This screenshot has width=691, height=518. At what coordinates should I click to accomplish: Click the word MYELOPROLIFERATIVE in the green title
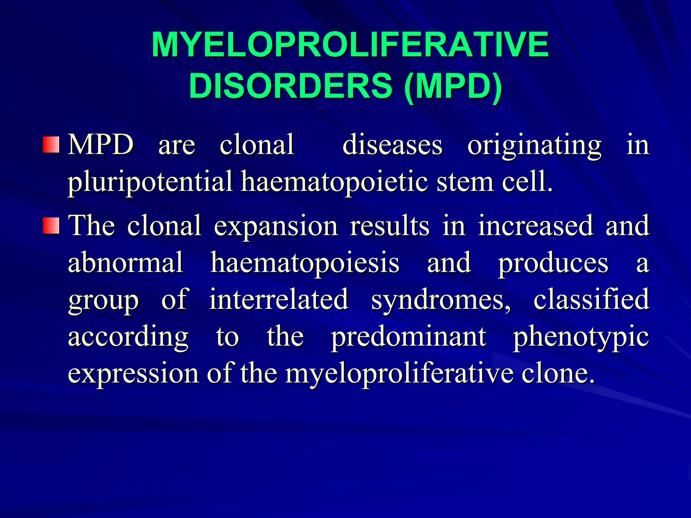pos(350,45)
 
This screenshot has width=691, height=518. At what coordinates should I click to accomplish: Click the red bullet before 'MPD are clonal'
pos(51,145)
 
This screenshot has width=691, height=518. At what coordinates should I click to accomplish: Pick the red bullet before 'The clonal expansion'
pos(51,226)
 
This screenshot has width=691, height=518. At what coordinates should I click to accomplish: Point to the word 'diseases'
pos(392,145)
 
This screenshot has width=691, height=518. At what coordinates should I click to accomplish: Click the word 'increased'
pos(535,225)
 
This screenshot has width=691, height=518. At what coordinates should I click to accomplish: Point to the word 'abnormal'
pos(126,262)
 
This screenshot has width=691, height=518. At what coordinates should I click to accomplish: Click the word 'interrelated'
pos(279,299)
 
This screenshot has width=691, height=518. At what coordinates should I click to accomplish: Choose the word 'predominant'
pos(409,337)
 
